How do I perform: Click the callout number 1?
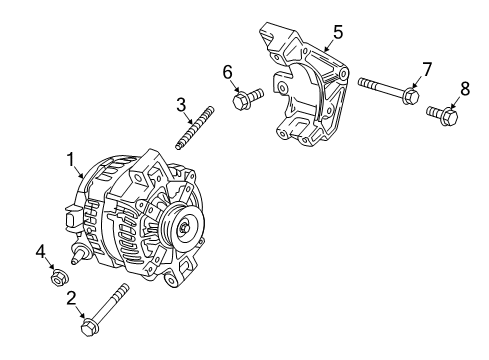coord(71,158)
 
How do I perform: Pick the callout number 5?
coord(338,32)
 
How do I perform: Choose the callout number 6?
coord(228,71)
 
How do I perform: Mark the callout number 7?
coord(426,69)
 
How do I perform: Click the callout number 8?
coord(464,90)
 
